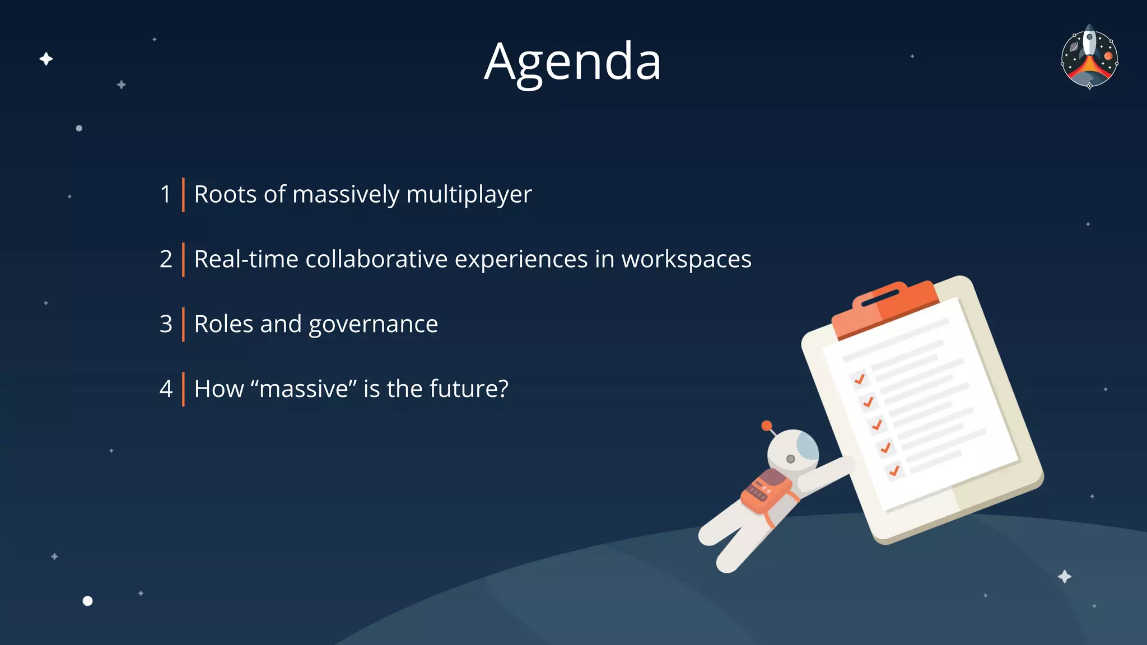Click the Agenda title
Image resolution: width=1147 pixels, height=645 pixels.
572,62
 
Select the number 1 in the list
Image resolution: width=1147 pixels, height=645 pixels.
165,195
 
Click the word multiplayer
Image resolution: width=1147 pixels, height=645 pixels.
469,195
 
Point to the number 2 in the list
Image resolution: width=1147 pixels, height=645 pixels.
166,259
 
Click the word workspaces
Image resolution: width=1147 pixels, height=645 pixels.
686,259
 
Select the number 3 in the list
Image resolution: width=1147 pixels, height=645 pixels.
166,324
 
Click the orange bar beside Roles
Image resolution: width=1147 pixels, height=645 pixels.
183,324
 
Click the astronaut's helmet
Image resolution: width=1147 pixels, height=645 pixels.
792,451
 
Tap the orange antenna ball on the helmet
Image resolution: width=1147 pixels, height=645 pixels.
767,426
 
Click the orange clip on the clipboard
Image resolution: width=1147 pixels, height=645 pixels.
885,308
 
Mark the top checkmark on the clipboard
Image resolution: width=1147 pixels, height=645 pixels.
860,379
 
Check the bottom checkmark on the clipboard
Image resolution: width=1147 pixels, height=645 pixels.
894,470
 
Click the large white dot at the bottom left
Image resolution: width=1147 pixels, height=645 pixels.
87,601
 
